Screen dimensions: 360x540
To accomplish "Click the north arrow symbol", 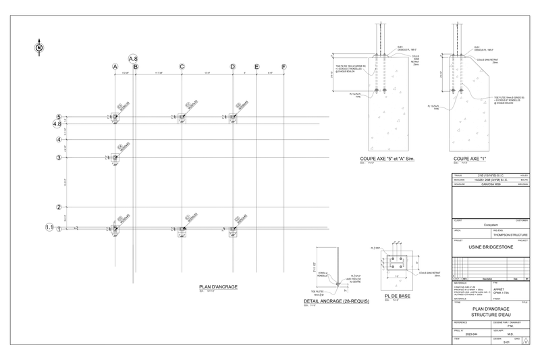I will [38, 47].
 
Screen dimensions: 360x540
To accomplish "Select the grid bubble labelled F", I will [283, 67].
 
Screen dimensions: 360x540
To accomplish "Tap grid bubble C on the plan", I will [182, 67].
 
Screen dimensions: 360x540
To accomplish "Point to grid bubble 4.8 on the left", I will [58, 124].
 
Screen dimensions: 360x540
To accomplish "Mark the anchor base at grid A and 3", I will [115, 158].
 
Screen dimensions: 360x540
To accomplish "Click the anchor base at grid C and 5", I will [182, 117].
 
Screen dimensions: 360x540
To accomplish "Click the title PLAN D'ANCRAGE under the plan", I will [218, 287].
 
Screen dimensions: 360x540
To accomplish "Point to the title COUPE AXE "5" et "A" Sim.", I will [387, 159].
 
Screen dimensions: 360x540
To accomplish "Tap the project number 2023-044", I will [471, 334].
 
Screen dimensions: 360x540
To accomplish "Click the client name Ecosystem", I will [491, 225].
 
